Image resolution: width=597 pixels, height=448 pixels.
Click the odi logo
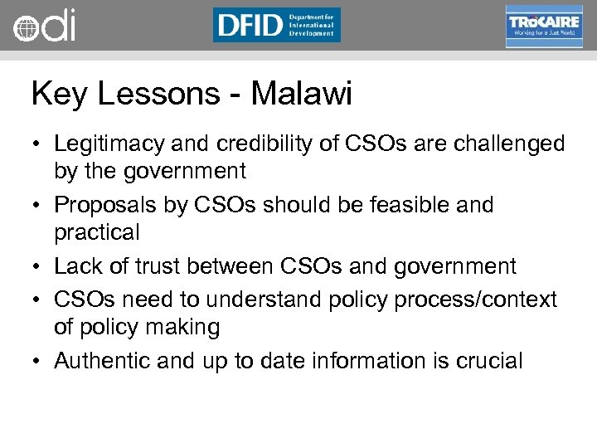point(44,26)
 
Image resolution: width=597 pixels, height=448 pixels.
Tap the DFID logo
point(276,25)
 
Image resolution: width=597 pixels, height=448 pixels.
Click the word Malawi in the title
point(302,94)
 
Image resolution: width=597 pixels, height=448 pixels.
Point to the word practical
point(97,232)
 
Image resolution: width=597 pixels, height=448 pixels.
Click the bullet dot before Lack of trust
point(38,267)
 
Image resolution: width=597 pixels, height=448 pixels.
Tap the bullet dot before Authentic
point(38,362)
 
